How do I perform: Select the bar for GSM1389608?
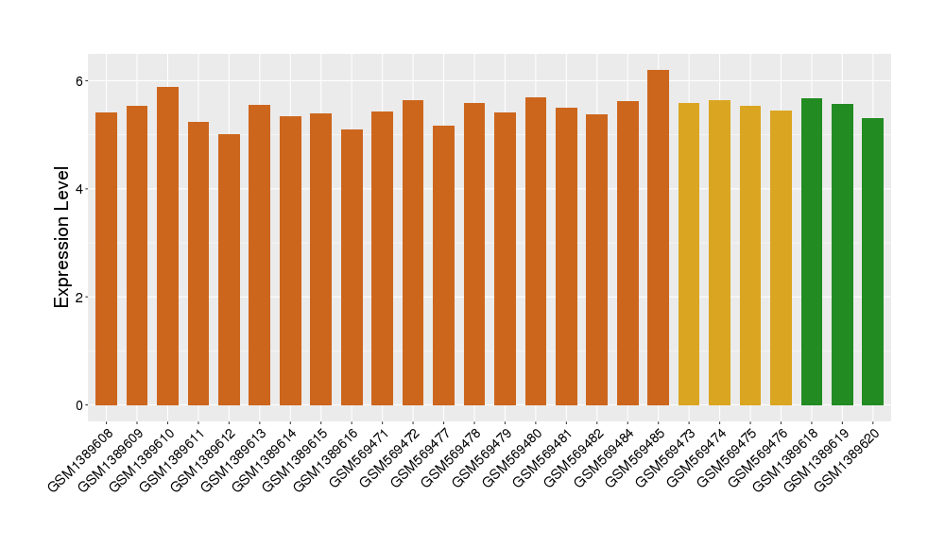tap(107, 259)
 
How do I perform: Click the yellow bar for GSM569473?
tap(689, 254)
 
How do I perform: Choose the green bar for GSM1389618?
tap(812, 252)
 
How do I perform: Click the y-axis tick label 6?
tap(82, 81)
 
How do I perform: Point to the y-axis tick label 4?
tap(82, 189)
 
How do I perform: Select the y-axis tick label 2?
tap(82, 298)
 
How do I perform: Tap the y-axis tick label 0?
tap(82, 405)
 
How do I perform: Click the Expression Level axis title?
tap(62, 237)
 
